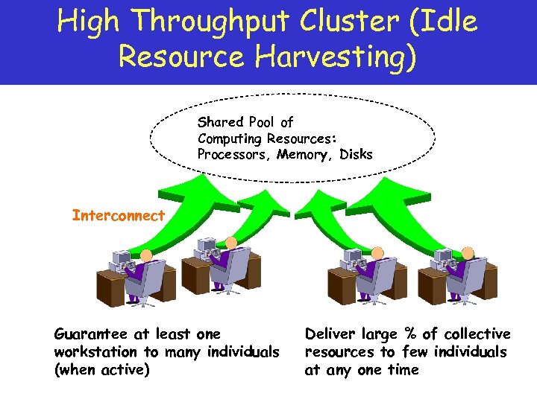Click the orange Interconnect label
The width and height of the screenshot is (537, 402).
click(118, 216)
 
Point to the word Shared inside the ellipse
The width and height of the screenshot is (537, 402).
click(221, 122)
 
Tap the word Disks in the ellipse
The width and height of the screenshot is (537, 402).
click(356, 154)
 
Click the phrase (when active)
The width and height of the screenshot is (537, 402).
click(101, 369)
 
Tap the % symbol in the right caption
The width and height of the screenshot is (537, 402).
click(410, 334)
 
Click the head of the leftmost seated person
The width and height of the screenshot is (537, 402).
click(146, 255)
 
